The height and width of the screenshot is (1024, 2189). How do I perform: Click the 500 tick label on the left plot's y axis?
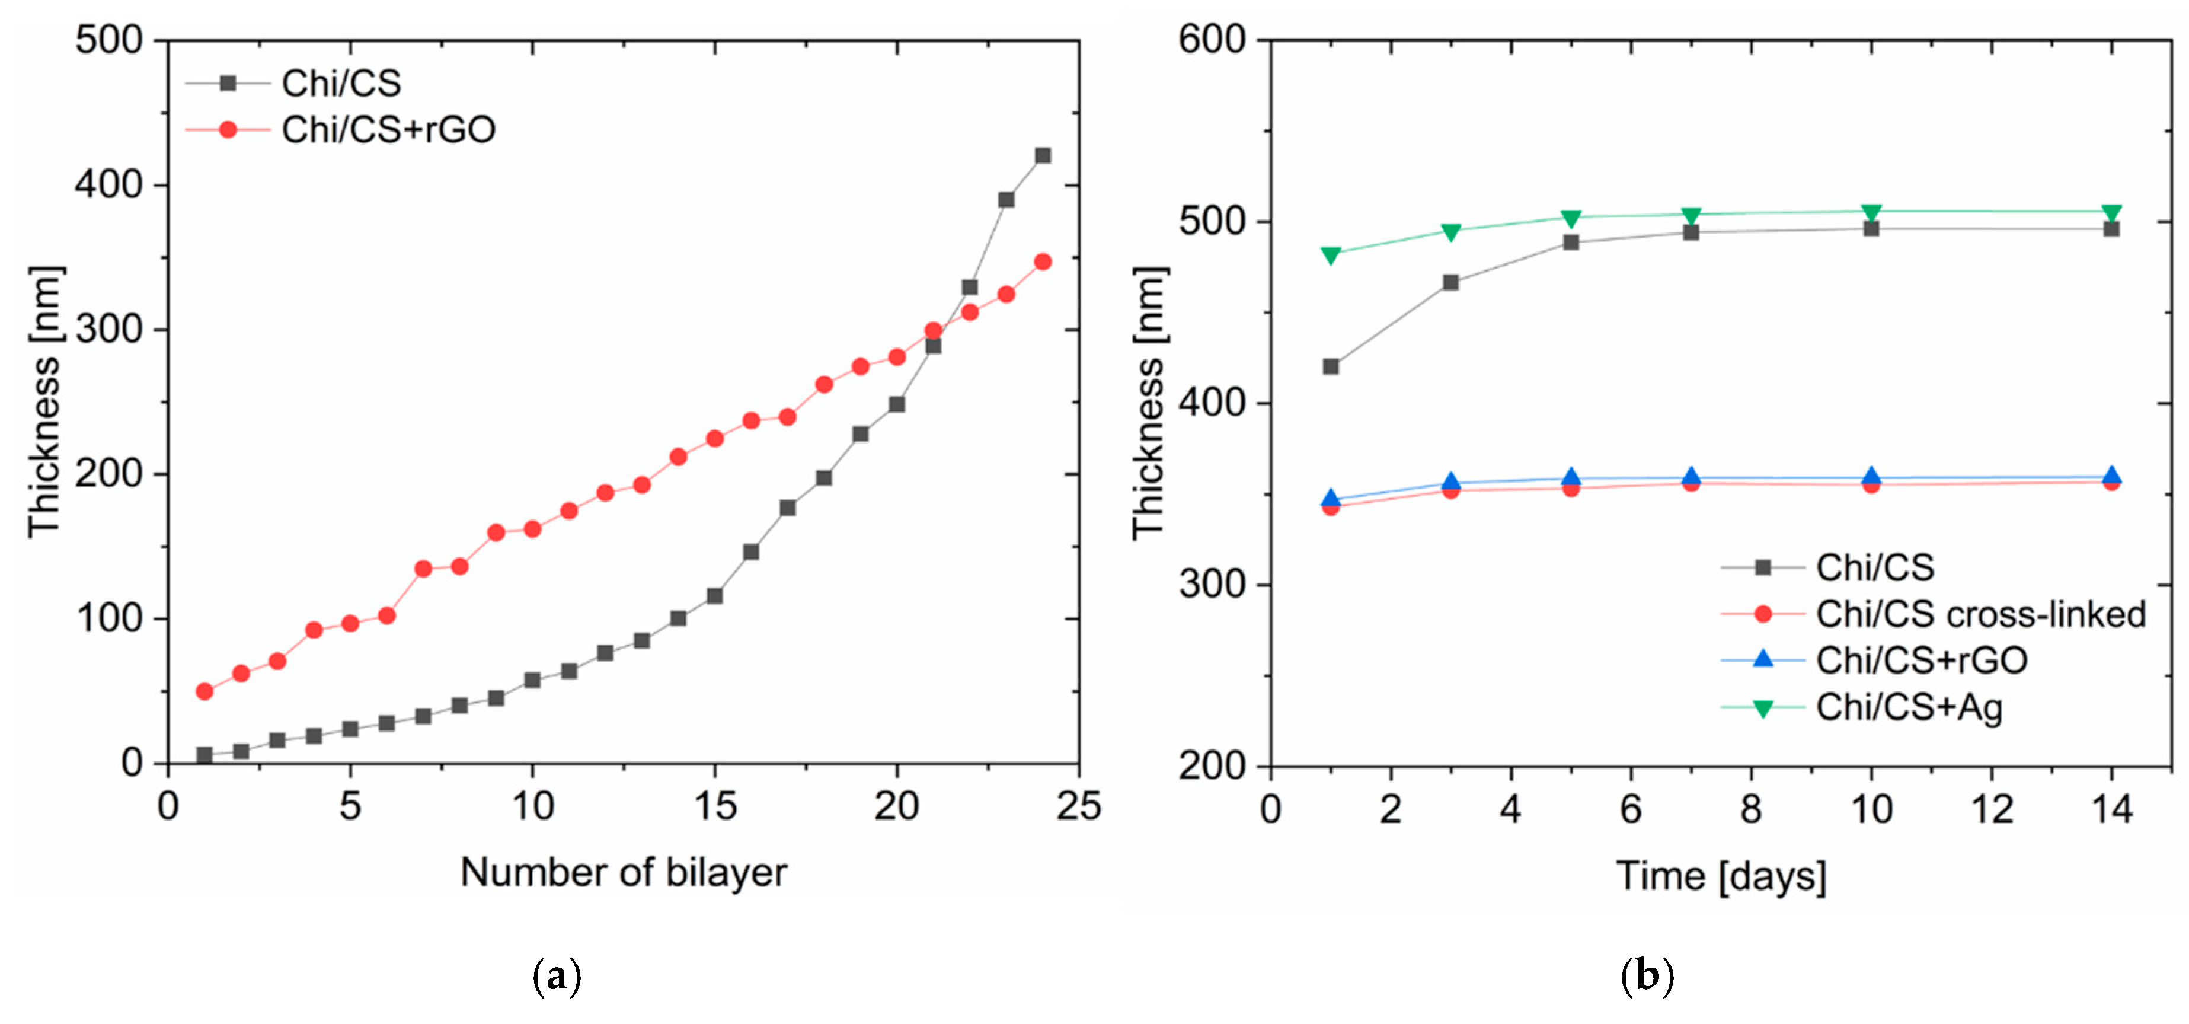point(109,40)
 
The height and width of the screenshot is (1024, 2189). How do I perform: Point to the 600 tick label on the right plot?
point(1211,40)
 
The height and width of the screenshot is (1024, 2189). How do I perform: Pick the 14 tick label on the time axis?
point(2111,808)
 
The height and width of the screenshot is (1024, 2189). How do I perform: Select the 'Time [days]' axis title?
point(1721,875)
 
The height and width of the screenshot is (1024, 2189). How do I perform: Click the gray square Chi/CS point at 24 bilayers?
point(1043,155)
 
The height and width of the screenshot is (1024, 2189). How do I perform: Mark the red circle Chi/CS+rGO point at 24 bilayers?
point(1043,261)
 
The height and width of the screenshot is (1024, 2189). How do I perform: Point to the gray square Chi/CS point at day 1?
point(1331,367)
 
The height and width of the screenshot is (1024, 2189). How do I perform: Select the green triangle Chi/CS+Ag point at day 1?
point(1331,254)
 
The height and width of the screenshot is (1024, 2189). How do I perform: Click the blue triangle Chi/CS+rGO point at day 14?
point(2111,476)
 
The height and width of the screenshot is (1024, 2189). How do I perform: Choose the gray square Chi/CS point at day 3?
point(1450,282)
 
